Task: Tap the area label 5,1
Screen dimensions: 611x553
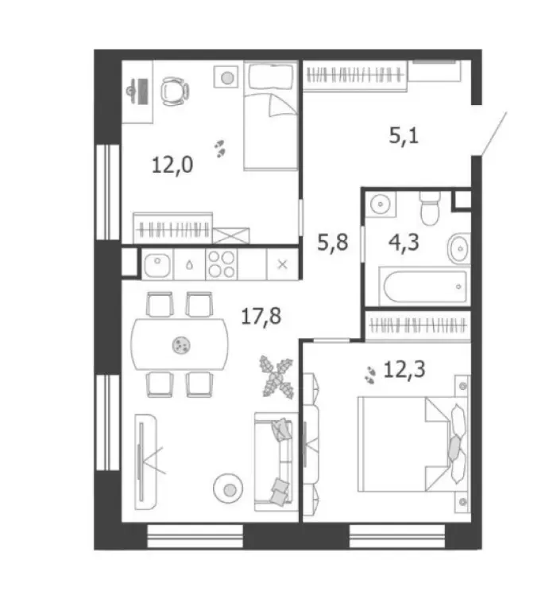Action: [403, 136]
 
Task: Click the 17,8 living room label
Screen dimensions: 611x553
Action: [261, 318]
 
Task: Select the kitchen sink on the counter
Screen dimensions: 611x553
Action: [158, 263]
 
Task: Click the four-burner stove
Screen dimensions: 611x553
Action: [221, 263]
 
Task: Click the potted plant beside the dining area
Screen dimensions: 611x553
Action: [275, 375]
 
